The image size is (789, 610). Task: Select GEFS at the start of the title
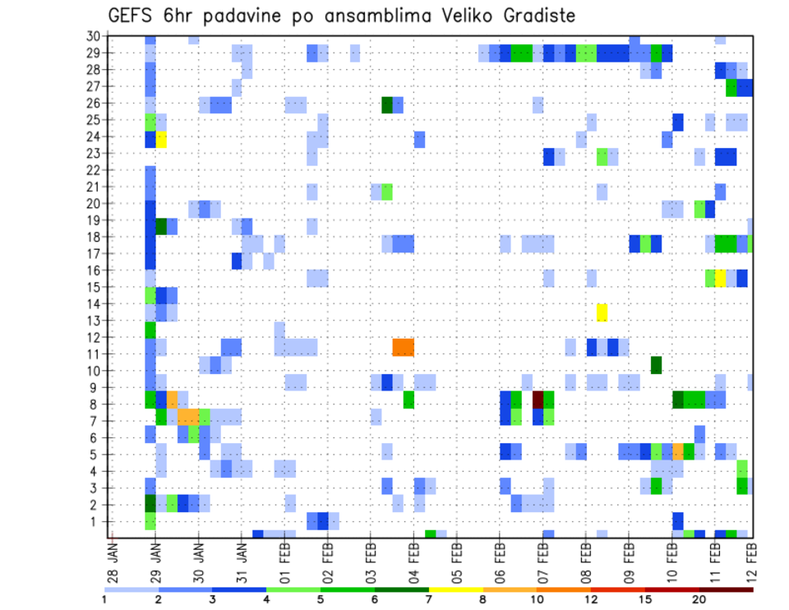click(x=134, y=16)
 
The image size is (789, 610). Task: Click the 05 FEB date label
click(x=456, y=562)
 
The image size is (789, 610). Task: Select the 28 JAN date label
click(x=113, y=562)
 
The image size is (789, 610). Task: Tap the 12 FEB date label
click(x=752, y=562)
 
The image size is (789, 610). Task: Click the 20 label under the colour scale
click(x=699, y=599)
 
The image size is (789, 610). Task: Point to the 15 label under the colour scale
click(x=645, y=599)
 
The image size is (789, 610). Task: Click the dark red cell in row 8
click(x=538, y=400)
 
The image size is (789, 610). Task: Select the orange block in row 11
click(x=403, y=347)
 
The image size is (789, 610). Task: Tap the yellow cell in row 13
click(x=602, y=312)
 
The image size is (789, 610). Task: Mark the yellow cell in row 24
click(x=161, y=139)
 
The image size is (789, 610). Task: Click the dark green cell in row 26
click(x=387, y=105)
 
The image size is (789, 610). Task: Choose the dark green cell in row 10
click(x=656, y=364)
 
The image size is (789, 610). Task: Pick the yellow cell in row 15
click(x=720, y=278)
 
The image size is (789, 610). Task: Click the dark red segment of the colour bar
click(x=726, y=589)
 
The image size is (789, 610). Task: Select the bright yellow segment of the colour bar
click(x=456, y=589)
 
